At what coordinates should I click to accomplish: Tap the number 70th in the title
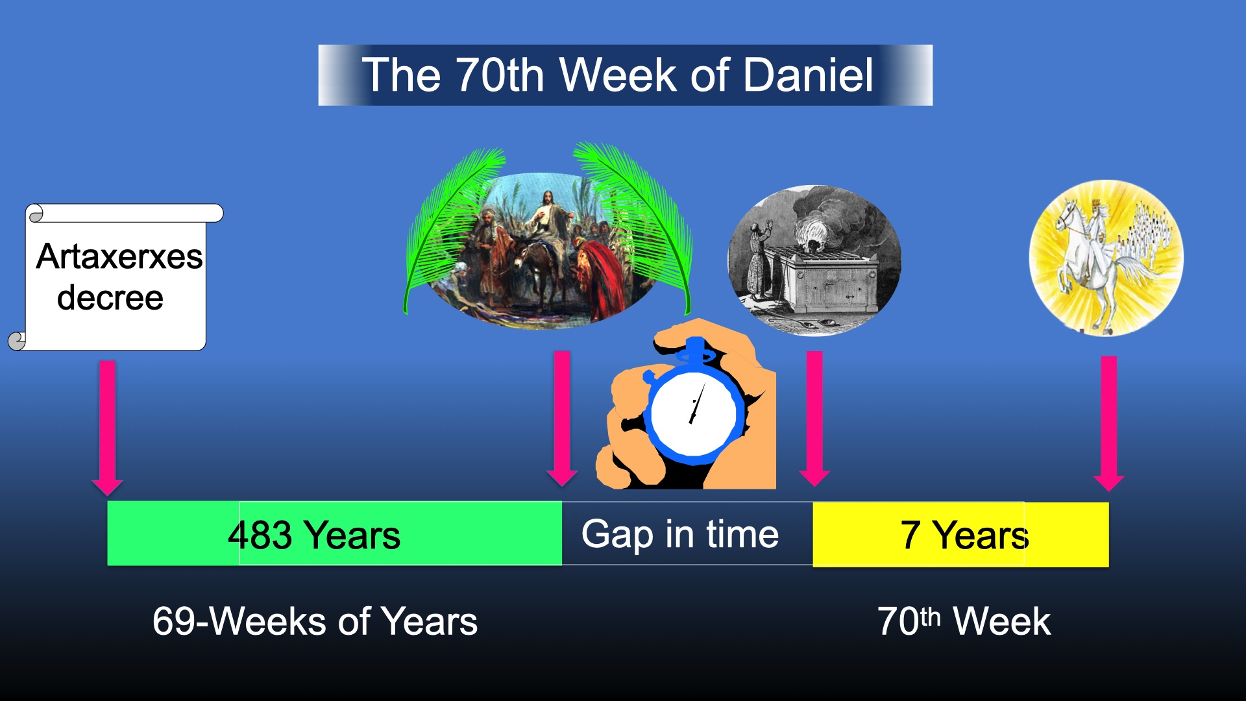coord(499,75)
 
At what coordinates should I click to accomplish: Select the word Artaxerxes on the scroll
coord(119,256)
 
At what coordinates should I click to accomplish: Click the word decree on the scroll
coord(110,297)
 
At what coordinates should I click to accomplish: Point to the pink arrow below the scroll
coord(108,428)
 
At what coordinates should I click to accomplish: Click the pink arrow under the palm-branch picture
coord(562,418)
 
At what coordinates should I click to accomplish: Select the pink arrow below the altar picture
coord(814,418)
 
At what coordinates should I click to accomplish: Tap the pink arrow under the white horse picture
coord(1108,423)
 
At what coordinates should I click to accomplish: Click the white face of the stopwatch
coord(693,413)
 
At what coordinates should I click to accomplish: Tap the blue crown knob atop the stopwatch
coord(696,350)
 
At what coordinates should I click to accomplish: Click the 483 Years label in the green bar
coord(314,535)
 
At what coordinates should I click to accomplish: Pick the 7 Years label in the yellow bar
coord(964,535)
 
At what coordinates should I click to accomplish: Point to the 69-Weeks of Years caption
coord(315,621)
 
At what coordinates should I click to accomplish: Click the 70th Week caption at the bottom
coord(964,621)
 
